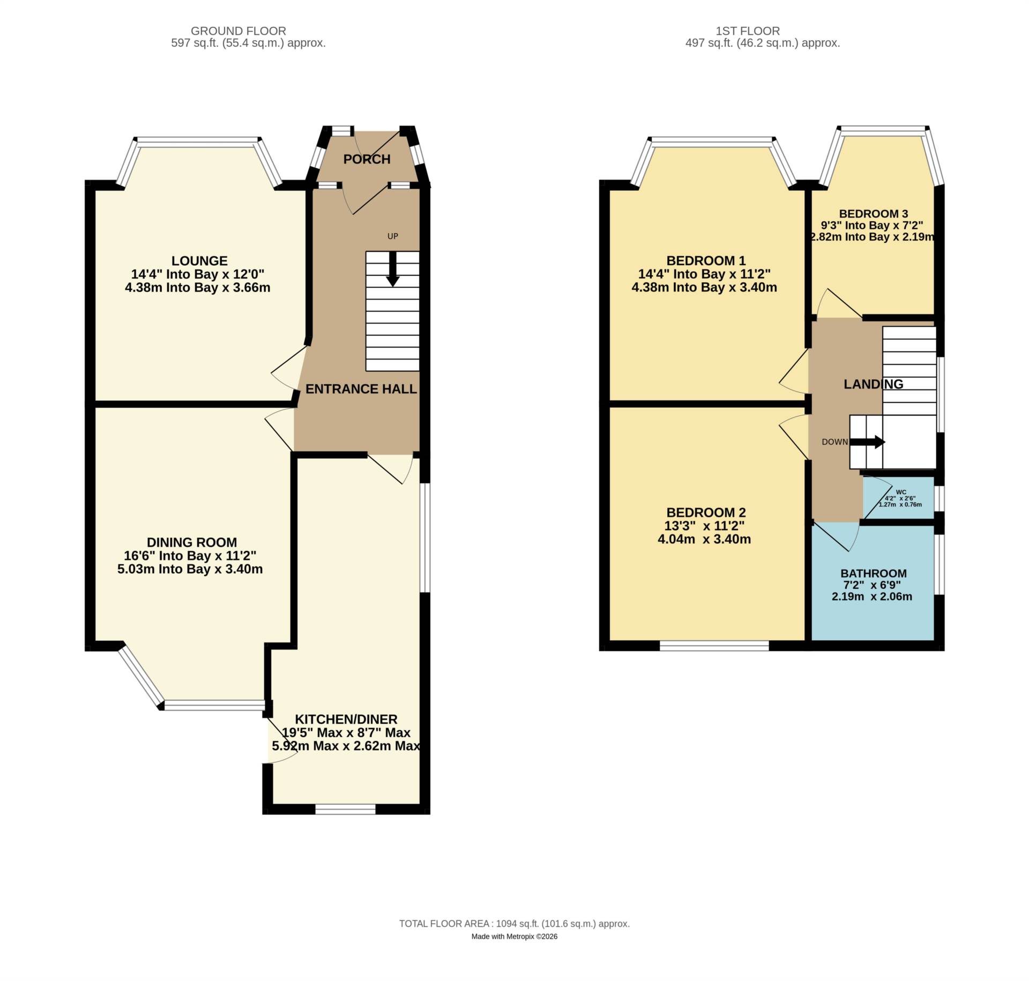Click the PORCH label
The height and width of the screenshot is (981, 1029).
click(367, 159)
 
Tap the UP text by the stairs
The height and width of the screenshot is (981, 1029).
click(393, 236)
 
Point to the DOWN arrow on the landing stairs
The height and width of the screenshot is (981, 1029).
click(868, 442)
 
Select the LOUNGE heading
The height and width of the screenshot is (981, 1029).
click(199, 261)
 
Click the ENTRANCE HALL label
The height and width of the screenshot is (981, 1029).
click(361, 389)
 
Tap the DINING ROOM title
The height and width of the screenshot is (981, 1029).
click(192, 542)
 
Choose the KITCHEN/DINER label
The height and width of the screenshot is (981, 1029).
click(346, 719)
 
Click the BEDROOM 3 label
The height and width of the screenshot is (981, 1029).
click(874, 214)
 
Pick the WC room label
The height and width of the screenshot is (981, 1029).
click(901, 492)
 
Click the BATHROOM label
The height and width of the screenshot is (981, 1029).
click(874, 573)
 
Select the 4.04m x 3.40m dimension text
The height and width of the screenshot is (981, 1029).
click(704, 539)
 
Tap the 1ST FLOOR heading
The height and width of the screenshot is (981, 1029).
click(762, 31)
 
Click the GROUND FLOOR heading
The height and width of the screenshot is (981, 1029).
click(238, 31)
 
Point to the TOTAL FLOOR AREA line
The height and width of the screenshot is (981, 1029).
click(514, 924)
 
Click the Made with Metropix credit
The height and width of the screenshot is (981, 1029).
click(514, 937)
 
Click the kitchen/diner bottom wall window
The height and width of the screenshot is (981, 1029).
click(345, 809)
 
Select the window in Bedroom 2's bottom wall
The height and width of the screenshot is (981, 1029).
click(714, 646)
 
